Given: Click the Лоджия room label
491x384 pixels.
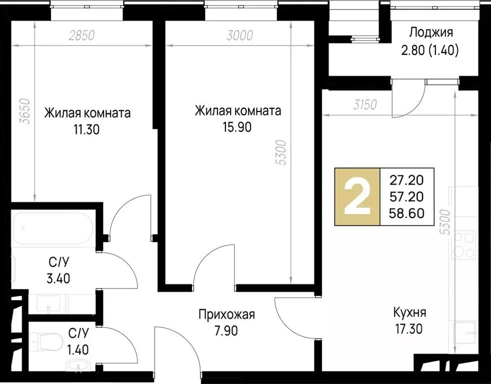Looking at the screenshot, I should pyautogui.click(x=431, y=33).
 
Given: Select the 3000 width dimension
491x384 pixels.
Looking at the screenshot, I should pyautogui.click(x=240, y=35).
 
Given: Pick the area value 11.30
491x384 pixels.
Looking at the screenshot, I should pyautogui.click(x=86, y=130).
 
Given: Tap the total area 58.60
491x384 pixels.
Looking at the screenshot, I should pyautogui.click(x=406, y=213).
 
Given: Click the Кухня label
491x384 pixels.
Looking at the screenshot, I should pyautogui.click(x=409, y=313).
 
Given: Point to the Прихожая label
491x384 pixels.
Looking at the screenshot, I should pyautogui.click(x=227, y=315).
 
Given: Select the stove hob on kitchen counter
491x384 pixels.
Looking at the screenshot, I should pyautogui.click(x=463, y=244).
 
